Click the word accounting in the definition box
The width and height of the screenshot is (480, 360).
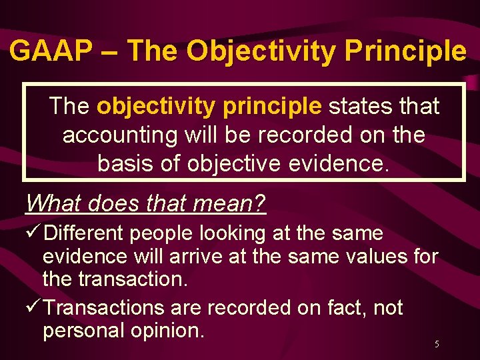(121, 135)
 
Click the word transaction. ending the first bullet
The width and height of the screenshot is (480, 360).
(133, 279)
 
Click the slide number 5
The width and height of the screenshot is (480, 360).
(437, 345)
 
